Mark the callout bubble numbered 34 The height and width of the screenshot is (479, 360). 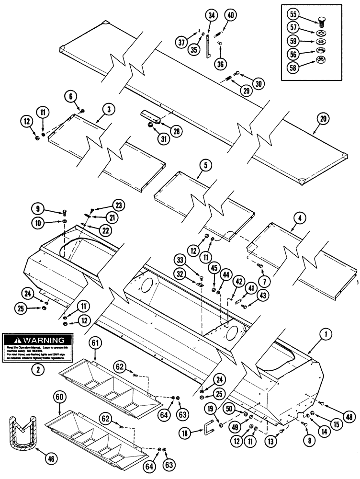pyautogui.click(x=210, y=15)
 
